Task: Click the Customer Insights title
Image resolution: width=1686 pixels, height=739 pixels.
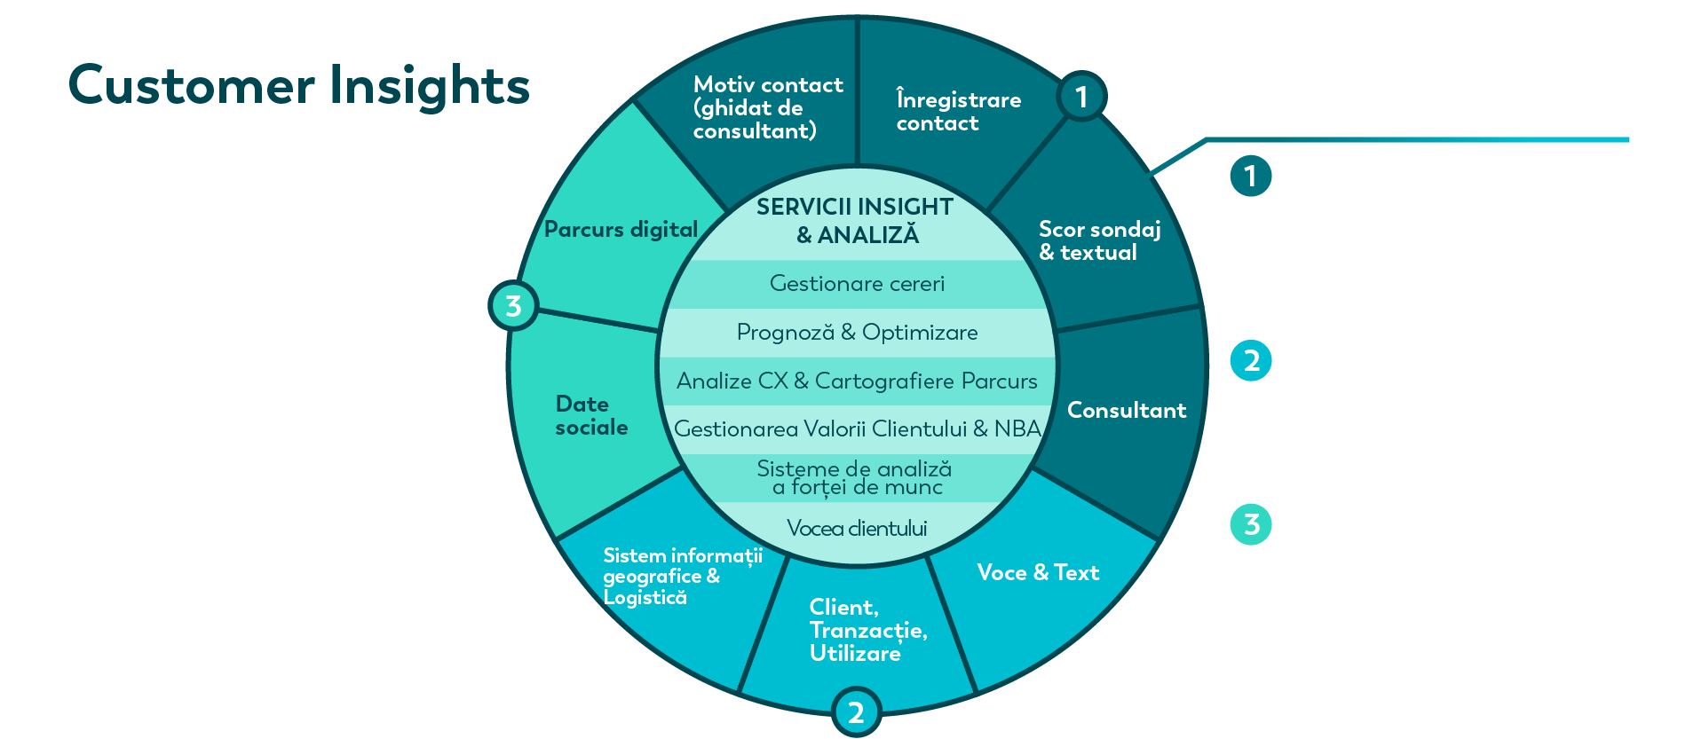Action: [x=299, y=86]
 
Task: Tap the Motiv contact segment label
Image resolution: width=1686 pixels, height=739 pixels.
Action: [x=768, y=108]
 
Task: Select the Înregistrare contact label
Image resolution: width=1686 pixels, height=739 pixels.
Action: [x=959, y=110]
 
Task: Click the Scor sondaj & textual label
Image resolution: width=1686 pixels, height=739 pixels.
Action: [x=1100, y=240]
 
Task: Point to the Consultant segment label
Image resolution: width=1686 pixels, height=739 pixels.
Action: [x=1127, y=410]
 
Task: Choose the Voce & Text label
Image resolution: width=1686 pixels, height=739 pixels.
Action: [x=1038, y=572]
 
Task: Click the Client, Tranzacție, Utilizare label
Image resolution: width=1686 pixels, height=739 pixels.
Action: [x=868, y=630]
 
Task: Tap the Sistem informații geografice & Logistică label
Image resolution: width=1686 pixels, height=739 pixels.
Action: [x=683, y=576]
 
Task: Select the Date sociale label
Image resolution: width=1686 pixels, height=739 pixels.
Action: [x=591, y=415]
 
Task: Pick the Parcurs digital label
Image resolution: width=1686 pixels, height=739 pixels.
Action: [x=621, y=230]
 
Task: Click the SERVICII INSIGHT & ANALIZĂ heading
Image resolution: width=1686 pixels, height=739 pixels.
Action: [x=856, y=221]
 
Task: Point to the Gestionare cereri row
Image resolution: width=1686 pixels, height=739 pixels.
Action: [x=857, y=284]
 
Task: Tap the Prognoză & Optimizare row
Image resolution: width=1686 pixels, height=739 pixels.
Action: [x=857, y=333]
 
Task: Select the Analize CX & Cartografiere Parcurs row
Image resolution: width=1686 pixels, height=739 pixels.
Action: [x=857, y=381]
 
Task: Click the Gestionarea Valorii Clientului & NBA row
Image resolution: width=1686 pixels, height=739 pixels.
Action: [x=857, y=429]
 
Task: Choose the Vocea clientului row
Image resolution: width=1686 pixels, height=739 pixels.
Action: [x=857, y=529]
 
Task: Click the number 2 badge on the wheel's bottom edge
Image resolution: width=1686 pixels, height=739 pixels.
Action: [x=856, y=712]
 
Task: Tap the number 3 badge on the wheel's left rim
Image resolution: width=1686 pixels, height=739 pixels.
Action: [x=513, y=306]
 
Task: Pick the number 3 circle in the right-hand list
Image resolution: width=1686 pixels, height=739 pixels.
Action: [x=1251, y=524]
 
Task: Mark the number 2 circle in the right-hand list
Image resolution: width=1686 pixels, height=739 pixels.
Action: [x=1251, y=360]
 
